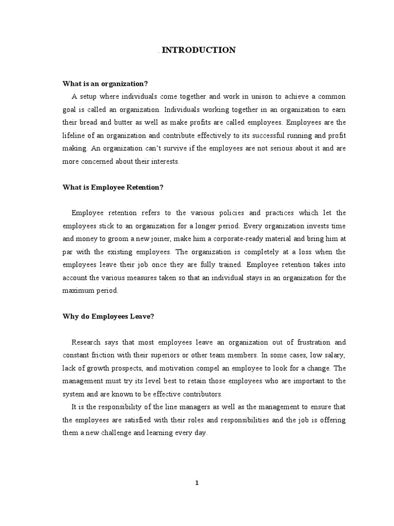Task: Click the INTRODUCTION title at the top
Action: [x=199, y=50]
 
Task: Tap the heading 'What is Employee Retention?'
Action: [x=113, y=187]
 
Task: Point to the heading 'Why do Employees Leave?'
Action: [x=108, y=316]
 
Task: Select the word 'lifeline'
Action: [x=75, y=136]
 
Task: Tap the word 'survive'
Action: [x=170, y=148]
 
